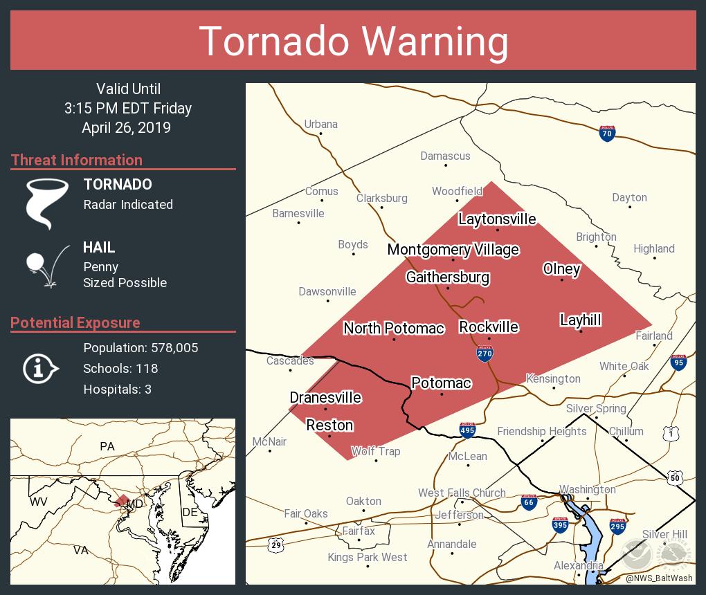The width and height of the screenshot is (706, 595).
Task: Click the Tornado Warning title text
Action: click(354, 42)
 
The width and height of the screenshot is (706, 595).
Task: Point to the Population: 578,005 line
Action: click(141, 347)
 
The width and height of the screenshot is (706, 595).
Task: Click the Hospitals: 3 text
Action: click(117, 389)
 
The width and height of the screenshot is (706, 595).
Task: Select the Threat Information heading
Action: click(77, 160)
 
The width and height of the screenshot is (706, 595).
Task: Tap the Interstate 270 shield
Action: click(485, 354)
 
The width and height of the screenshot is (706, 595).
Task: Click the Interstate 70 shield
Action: click(607, 134)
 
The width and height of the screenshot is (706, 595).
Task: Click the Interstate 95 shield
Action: click(678, 362)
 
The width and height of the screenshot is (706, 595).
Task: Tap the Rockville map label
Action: click(489, 327)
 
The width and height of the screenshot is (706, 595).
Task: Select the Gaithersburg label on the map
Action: click(448, 277)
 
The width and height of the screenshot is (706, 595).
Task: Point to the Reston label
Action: click(329, 425)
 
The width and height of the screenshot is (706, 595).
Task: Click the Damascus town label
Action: click(445, 156)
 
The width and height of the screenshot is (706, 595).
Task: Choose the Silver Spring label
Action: click(596, 408)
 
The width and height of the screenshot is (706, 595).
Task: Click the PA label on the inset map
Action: click(107, 446)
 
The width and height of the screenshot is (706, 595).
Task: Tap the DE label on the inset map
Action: click(190, 512)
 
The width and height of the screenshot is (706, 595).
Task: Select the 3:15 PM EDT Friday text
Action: click(128, 108)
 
